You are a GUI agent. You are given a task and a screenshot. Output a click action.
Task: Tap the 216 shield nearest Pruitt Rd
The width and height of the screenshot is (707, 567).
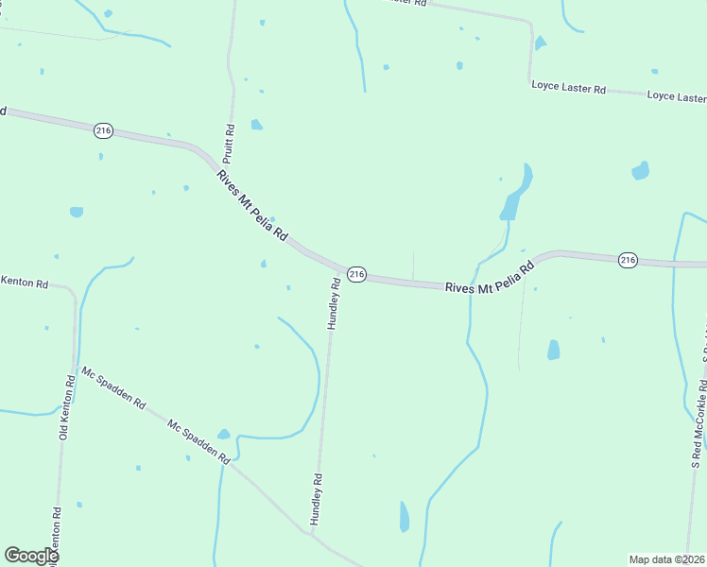tap(103, 130)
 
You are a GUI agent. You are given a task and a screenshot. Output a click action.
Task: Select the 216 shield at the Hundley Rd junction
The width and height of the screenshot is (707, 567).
tap(355, 273)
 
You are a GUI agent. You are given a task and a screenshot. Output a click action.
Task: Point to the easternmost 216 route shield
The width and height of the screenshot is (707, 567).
tap(628, 260)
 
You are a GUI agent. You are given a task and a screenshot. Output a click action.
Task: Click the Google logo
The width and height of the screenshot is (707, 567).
tap(31, 556)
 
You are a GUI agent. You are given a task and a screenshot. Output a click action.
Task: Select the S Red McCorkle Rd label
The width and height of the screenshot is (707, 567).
tap(698, 425)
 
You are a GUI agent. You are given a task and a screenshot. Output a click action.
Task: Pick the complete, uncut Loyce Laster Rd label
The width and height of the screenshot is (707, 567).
tap(568, 88)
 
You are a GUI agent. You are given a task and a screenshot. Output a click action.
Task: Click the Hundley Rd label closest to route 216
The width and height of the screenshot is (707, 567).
tap(334, 302)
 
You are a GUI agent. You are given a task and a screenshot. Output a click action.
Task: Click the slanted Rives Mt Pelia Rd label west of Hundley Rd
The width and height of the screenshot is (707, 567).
tap(251, 205)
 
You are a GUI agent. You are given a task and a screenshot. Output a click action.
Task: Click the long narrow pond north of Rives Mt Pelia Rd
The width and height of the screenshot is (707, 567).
tap(514, 194)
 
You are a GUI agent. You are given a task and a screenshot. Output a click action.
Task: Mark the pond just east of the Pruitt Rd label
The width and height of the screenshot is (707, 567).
tap(256, 124)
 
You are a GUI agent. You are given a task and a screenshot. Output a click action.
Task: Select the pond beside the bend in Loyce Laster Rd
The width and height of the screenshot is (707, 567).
tap(540, 43)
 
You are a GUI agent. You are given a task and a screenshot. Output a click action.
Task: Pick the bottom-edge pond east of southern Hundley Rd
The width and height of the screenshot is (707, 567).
tap(405, 516)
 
